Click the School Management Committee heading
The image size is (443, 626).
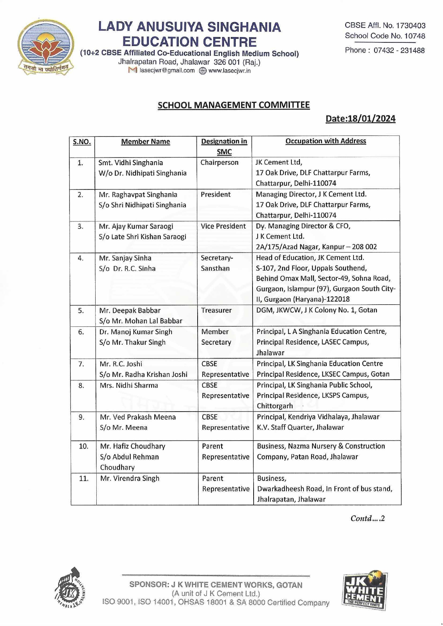pos(234,105)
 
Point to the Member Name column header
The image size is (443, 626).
pos(146,142)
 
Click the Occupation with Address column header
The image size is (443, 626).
pos(326,141)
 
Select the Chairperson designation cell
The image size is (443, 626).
pos(219,163)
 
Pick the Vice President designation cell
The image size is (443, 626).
pos(223,226)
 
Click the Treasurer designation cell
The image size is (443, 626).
pos(216,310)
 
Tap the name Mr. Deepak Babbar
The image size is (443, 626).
pos(130,311)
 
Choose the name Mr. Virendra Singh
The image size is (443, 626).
pos(130,478)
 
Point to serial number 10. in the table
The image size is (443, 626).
pos(83,446)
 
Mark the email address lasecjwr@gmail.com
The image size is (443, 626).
pos(167,71)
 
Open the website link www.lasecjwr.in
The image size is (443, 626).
pos(229,71)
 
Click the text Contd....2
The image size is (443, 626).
pos(367,519)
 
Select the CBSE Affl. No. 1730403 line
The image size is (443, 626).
pos(385,25)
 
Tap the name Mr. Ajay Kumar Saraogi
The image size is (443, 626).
pos(136,226)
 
